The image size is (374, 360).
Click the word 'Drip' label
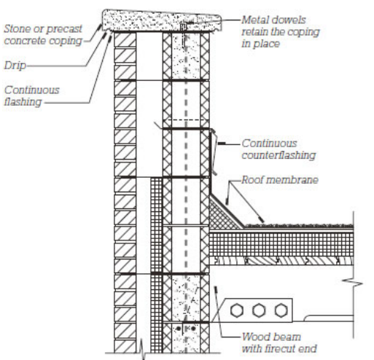15,66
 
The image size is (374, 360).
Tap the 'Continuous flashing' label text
31,96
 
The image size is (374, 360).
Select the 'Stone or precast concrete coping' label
43,35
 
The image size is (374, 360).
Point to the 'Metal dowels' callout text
273,20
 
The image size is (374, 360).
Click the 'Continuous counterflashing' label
278,149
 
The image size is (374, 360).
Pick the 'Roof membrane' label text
280,180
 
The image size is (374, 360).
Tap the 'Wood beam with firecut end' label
279,343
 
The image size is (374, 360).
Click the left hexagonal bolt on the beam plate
237,310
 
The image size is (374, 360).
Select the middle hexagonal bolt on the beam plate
259,310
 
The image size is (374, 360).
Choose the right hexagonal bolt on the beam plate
281,310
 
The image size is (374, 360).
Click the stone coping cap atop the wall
162,20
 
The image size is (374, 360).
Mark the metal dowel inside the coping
184,26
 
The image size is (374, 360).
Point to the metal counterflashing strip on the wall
213,152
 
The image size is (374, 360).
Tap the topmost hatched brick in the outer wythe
125,40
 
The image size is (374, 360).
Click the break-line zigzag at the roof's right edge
353,283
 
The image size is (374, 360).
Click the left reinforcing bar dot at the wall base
179,329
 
